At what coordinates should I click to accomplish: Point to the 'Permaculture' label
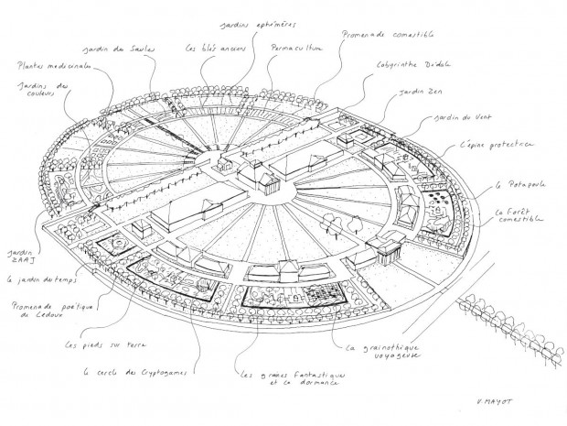tap(296, 47)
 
